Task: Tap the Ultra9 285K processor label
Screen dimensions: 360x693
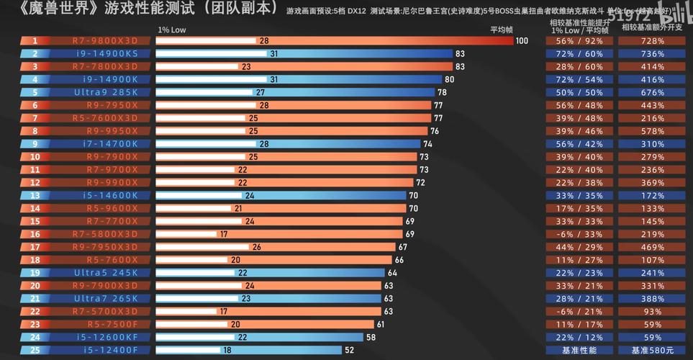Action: (x=106, y=92)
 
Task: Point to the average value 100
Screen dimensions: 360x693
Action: (x=522, y=41)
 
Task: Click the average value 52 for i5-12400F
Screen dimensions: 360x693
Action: (x=350, y=350)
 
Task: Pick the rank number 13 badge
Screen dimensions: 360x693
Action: (x=35, y=195)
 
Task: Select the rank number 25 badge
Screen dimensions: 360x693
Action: (x=35, y=350)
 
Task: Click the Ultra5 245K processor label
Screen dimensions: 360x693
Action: (x=106, y=273)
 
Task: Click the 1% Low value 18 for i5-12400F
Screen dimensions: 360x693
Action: (x=227, y=350)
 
